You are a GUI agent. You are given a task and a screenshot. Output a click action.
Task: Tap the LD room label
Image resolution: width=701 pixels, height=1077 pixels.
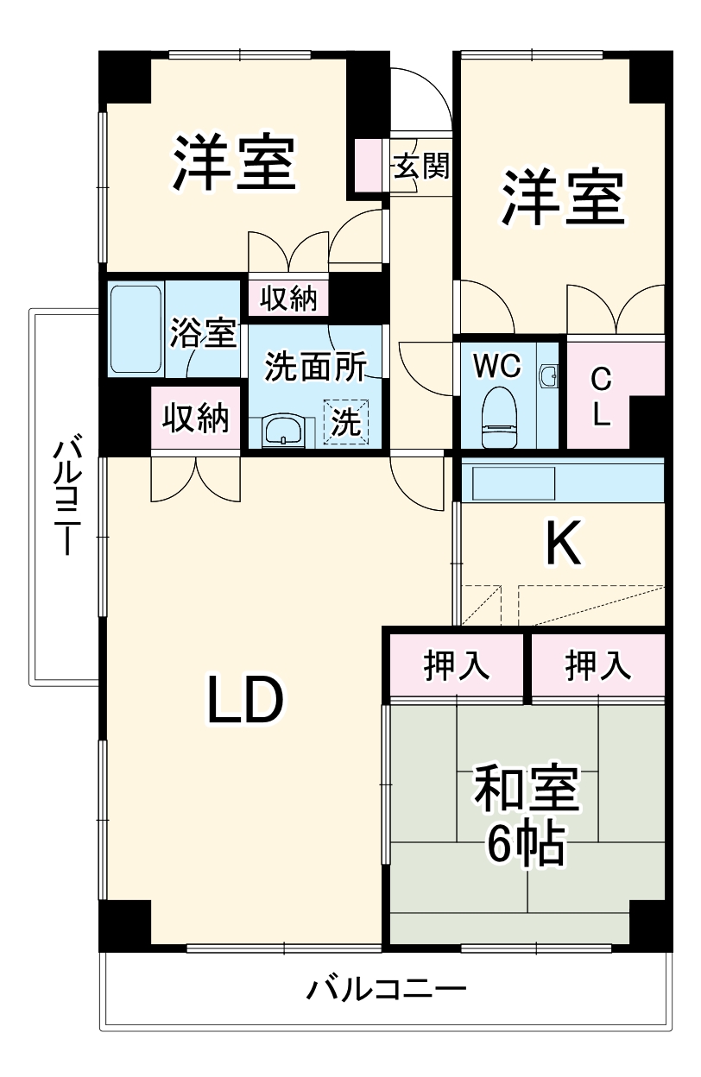click(x=244, y=701)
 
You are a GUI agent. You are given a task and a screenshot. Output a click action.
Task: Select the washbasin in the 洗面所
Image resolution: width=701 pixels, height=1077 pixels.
click(x=282, y=429)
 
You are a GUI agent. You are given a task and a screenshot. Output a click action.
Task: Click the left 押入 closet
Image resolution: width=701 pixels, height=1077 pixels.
click(x=457, y=664)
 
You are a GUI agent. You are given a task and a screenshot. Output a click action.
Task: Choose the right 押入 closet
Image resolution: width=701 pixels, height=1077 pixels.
click(x=597, y=664)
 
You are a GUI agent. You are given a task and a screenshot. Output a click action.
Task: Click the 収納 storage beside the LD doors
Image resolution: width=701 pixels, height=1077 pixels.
click(x=197, y=419)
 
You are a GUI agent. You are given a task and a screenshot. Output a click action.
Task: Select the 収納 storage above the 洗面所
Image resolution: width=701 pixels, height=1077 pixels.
click(x=289, y=299)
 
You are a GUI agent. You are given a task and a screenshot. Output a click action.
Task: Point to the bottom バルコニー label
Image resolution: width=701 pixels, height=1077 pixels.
click(x=387, y=987)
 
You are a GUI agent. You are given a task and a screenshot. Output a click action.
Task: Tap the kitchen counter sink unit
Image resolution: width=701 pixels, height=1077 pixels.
click(x=509, y=482)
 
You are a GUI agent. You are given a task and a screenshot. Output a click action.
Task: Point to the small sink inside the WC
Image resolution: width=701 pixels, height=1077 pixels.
click(x=547, y=376)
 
